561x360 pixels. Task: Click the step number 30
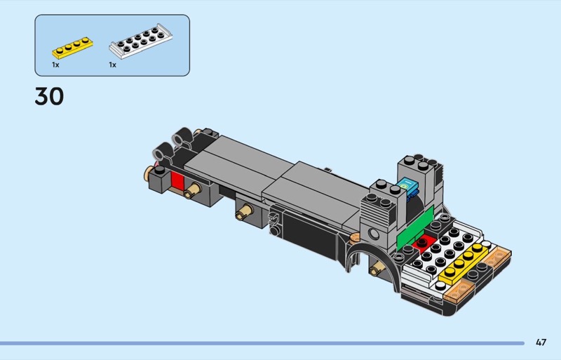(49, 96)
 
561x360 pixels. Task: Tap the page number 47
(541, 342)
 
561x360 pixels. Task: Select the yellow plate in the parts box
(73, 48)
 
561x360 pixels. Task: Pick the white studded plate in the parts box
(141, 41)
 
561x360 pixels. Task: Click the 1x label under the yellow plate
(55, 65)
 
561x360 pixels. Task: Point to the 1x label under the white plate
(113, 65)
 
